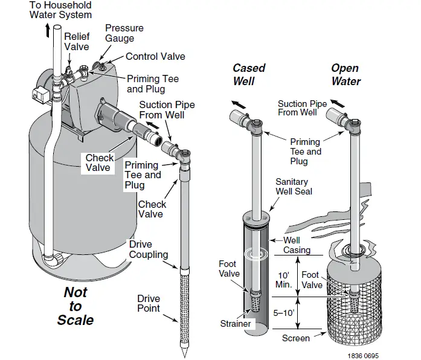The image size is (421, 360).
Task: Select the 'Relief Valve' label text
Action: click(77, 42)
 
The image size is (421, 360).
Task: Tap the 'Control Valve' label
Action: click(155, 56)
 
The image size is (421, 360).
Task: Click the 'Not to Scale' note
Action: click(76, 306)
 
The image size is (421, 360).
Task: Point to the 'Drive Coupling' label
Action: click(148, 249)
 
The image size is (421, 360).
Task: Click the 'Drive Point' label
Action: click(148, 303)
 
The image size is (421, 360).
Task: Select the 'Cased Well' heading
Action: click(249, 75)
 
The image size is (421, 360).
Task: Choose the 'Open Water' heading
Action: click(345, 75)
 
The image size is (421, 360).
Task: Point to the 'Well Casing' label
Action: click(297, 245)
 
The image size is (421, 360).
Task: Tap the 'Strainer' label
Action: click(236, 324)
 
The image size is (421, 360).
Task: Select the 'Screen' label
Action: click(296, 339)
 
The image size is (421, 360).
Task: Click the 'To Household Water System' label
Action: click(60, 9)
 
